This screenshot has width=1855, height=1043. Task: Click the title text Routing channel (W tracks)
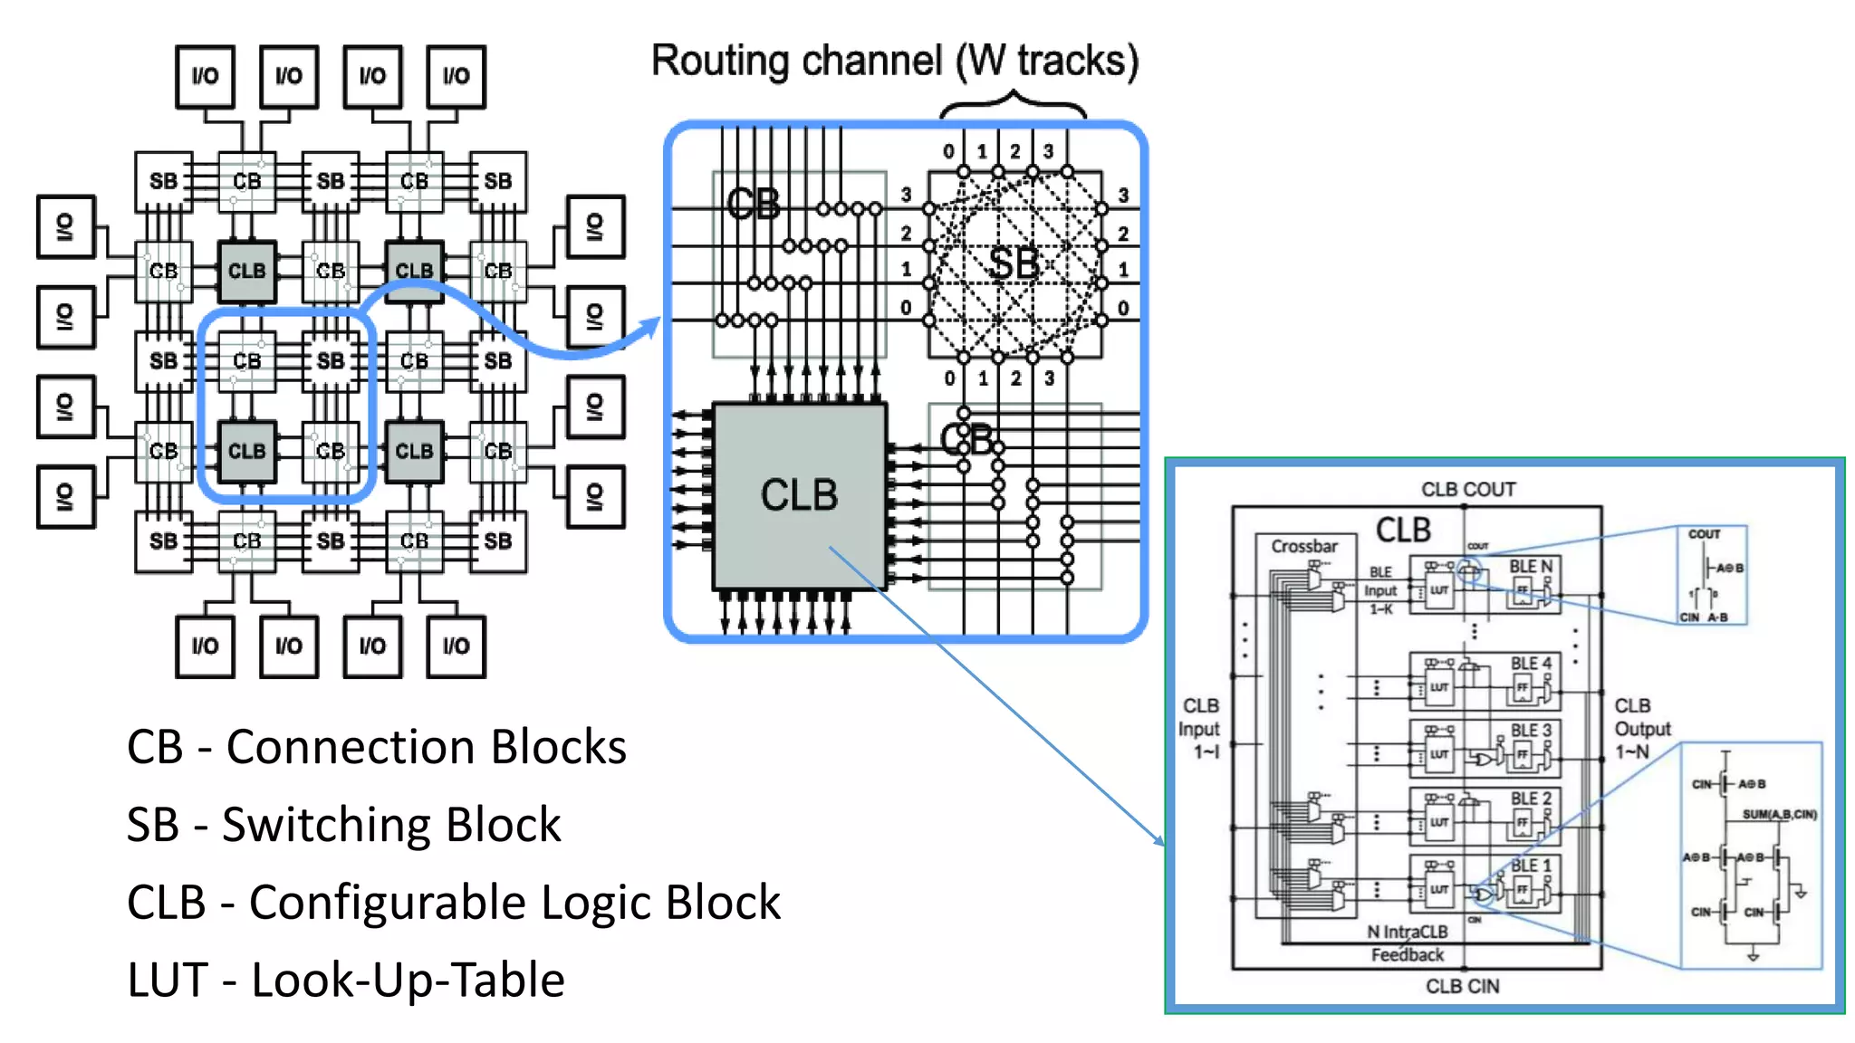point(895,62)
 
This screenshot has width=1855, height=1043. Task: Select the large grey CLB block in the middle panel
point(799,495)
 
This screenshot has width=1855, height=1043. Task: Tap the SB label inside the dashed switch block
point(1013,264)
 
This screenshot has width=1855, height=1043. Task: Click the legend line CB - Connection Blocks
point(376,747)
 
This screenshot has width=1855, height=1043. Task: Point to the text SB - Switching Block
point(343,825)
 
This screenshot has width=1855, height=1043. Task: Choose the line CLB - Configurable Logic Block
point(453,903)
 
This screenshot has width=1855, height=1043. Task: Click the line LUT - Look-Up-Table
point(345,981)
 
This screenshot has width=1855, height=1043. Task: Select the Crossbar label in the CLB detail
point(1303,546)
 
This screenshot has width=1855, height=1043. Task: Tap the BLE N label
point(1530,566)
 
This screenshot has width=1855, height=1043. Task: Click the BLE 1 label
point(1530,865)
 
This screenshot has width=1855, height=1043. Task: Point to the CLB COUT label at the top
point(1467,489)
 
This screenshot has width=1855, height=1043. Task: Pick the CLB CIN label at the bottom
point(1462,986)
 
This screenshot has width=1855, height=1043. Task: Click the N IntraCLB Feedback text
point(1407,943)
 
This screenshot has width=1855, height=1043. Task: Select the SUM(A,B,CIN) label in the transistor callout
point(1779,814)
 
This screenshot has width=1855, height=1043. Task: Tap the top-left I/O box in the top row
point(205,77)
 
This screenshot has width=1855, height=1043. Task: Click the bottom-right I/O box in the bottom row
point(456,646)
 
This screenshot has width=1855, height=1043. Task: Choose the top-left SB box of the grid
point(163,181)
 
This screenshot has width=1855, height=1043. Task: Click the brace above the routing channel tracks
point(1013,104)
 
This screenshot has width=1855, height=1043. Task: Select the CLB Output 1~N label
point(1642,729)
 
